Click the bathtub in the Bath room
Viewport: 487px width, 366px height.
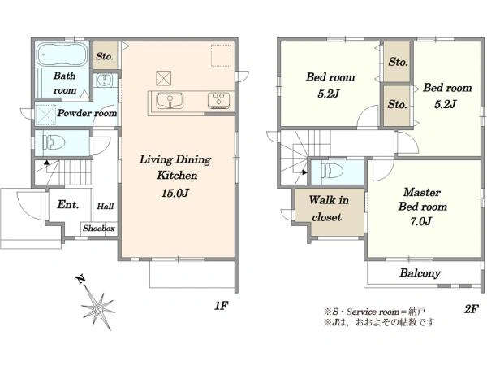[62, 54]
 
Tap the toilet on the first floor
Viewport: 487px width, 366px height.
[55, 142]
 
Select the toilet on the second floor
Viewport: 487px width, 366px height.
[332, 171]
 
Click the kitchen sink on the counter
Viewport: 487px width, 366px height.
[170, 101]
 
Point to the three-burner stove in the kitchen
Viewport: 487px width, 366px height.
[219, 101]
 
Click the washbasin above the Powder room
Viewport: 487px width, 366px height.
[103, 81]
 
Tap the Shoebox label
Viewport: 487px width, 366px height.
[99, 228]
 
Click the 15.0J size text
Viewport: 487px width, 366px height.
[175, 193]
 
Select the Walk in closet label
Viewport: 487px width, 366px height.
[328, 208]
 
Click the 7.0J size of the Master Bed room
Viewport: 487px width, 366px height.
[420, 221]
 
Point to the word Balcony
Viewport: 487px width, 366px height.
[420, 273]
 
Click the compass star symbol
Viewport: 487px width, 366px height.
[99, 308]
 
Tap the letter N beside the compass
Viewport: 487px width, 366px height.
[81, 280]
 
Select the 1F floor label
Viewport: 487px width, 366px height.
[221, 306]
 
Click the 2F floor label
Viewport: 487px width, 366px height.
[471, 309]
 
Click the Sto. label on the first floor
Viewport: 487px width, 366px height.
[105, 56]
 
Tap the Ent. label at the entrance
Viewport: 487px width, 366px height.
[68, 204]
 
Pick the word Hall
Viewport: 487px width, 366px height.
[106, 206]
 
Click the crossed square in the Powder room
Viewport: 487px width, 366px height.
[46, 115]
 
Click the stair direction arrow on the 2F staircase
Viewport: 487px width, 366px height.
[304, 172]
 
